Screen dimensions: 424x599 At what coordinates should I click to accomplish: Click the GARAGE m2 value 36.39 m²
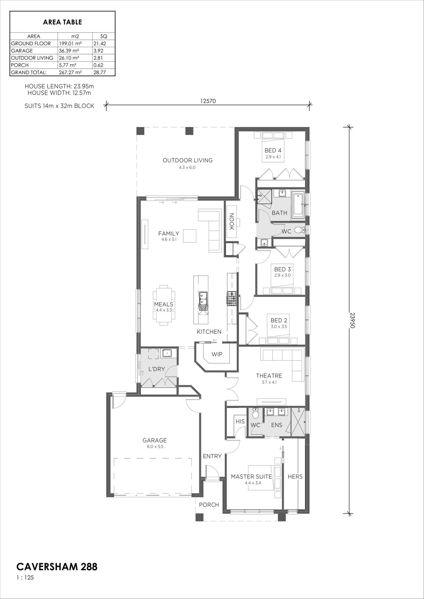70,51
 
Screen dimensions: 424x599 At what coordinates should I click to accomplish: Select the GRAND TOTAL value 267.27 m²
70,72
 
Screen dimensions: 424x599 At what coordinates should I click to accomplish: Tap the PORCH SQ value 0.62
98,65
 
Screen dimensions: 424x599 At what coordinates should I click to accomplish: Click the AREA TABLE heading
63,22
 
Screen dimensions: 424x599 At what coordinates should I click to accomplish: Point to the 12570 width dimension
208,101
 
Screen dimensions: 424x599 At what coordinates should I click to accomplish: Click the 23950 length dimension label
352,320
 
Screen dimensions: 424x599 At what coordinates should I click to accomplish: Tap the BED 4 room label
273,150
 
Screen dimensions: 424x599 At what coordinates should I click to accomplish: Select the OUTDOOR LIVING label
188,161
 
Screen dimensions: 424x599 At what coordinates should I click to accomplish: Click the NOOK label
231,221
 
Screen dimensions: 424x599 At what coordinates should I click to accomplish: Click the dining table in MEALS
164,305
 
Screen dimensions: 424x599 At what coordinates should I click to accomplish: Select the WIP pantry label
217,355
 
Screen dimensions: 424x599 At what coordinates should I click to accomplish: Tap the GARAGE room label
154,440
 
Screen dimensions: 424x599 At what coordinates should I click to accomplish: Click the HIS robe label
240,422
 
